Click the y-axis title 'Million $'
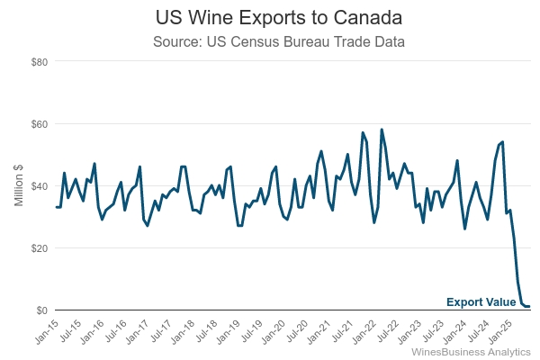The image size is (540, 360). pos(19,185)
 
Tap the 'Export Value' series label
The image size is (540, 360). pos(481,302)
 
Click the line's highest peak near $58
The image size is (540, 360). pos(382,130)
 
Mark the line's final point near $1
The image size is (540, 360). pos(529,307)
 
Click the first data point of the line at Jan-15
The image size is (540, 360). pos(57,207)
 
